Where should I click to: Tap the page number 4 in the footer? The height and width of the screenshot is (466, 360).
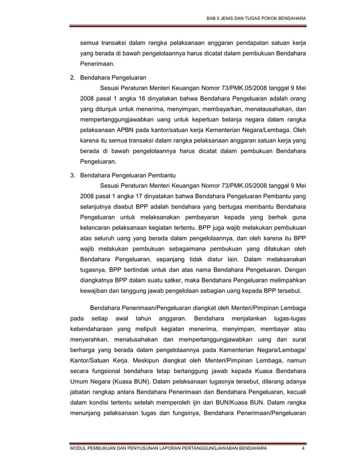[303, 449]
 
